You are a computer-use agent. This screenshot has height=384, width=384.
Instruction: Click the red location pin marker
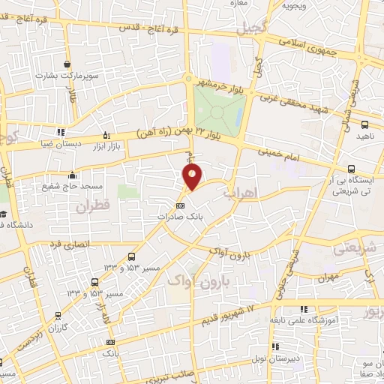[193, 177]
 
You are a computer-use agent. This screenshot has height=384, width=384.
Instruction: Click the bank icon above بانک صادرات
[179, 205]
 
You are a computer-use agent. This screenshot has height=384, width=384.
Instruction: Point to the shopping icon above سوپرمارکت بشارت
[67, 63]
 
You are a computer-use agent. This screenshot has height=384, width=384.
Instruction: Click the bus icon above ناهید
[364, 125]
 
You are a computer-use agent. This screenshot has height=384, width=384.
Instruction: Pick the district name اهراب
[240, 193]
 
